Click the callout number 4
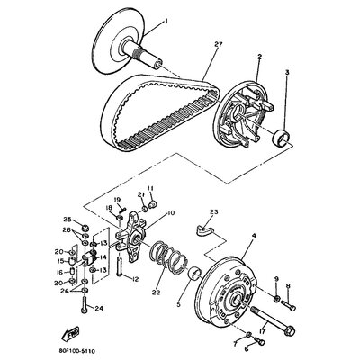point(255,238)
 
